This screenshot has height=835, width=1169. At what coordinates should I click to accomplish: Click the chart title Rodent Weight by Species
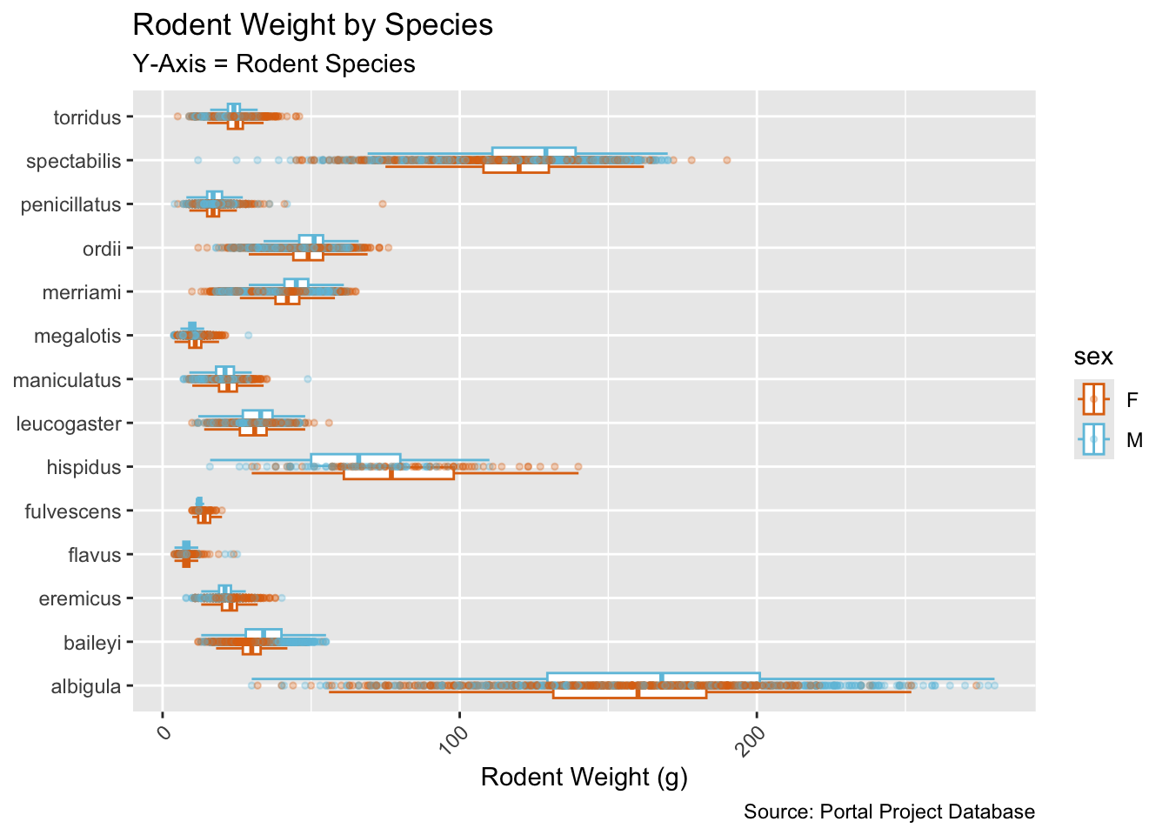click(x=312, y=25)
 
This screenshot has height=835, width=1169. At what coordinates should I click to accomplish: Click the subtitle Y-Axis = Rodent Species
click(x=273, y=64)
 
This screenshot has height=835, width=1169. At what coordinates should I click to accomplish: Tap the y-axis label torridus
click(x=87, y=117)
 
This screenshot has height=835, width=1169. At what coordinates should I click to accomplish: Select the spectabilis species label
click(x=74, y=161)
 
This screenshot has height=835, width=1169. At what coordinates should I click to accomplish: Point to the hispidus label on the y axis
click(x=83, y=468)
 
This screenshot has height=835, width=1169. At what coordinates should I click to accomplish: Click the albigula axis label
click(x=85, y=687)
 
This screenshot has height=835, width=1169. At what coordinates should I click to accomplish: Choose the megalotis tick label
click(x=77, y=337)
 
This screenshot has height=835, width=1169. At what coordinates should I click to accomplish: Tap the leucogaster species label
click(x=69, y=424)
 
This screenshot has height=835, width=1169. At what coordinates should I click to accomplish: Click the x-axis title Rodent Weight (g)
click(x=584, y=777)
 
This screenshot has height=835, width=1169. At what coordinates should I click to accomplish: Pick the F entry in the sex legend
click(x=1132, y=400)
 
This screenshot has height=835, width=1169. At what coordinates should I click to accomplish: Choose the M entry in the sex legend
click(x=1134, y=440)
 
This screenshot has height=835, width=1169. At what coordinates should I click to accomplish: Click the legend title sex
click(x=1093, y=357)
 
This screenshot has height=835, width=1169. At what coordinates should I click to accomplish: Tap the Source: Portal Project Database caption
click(x=889, y=812)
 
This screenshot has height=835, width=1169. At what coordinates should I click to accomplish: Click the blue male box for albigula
click(x=652, y=679)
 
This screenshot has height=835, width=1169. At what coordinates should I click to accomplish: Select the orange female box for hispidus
click(x=398, y=473)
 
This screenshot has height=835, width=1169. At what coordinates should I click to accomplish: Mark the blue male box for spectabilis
click(x=533, y=153)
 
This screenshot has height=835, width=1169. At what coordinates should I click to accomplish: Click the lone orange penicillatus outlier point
click(x=382, y=204)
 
